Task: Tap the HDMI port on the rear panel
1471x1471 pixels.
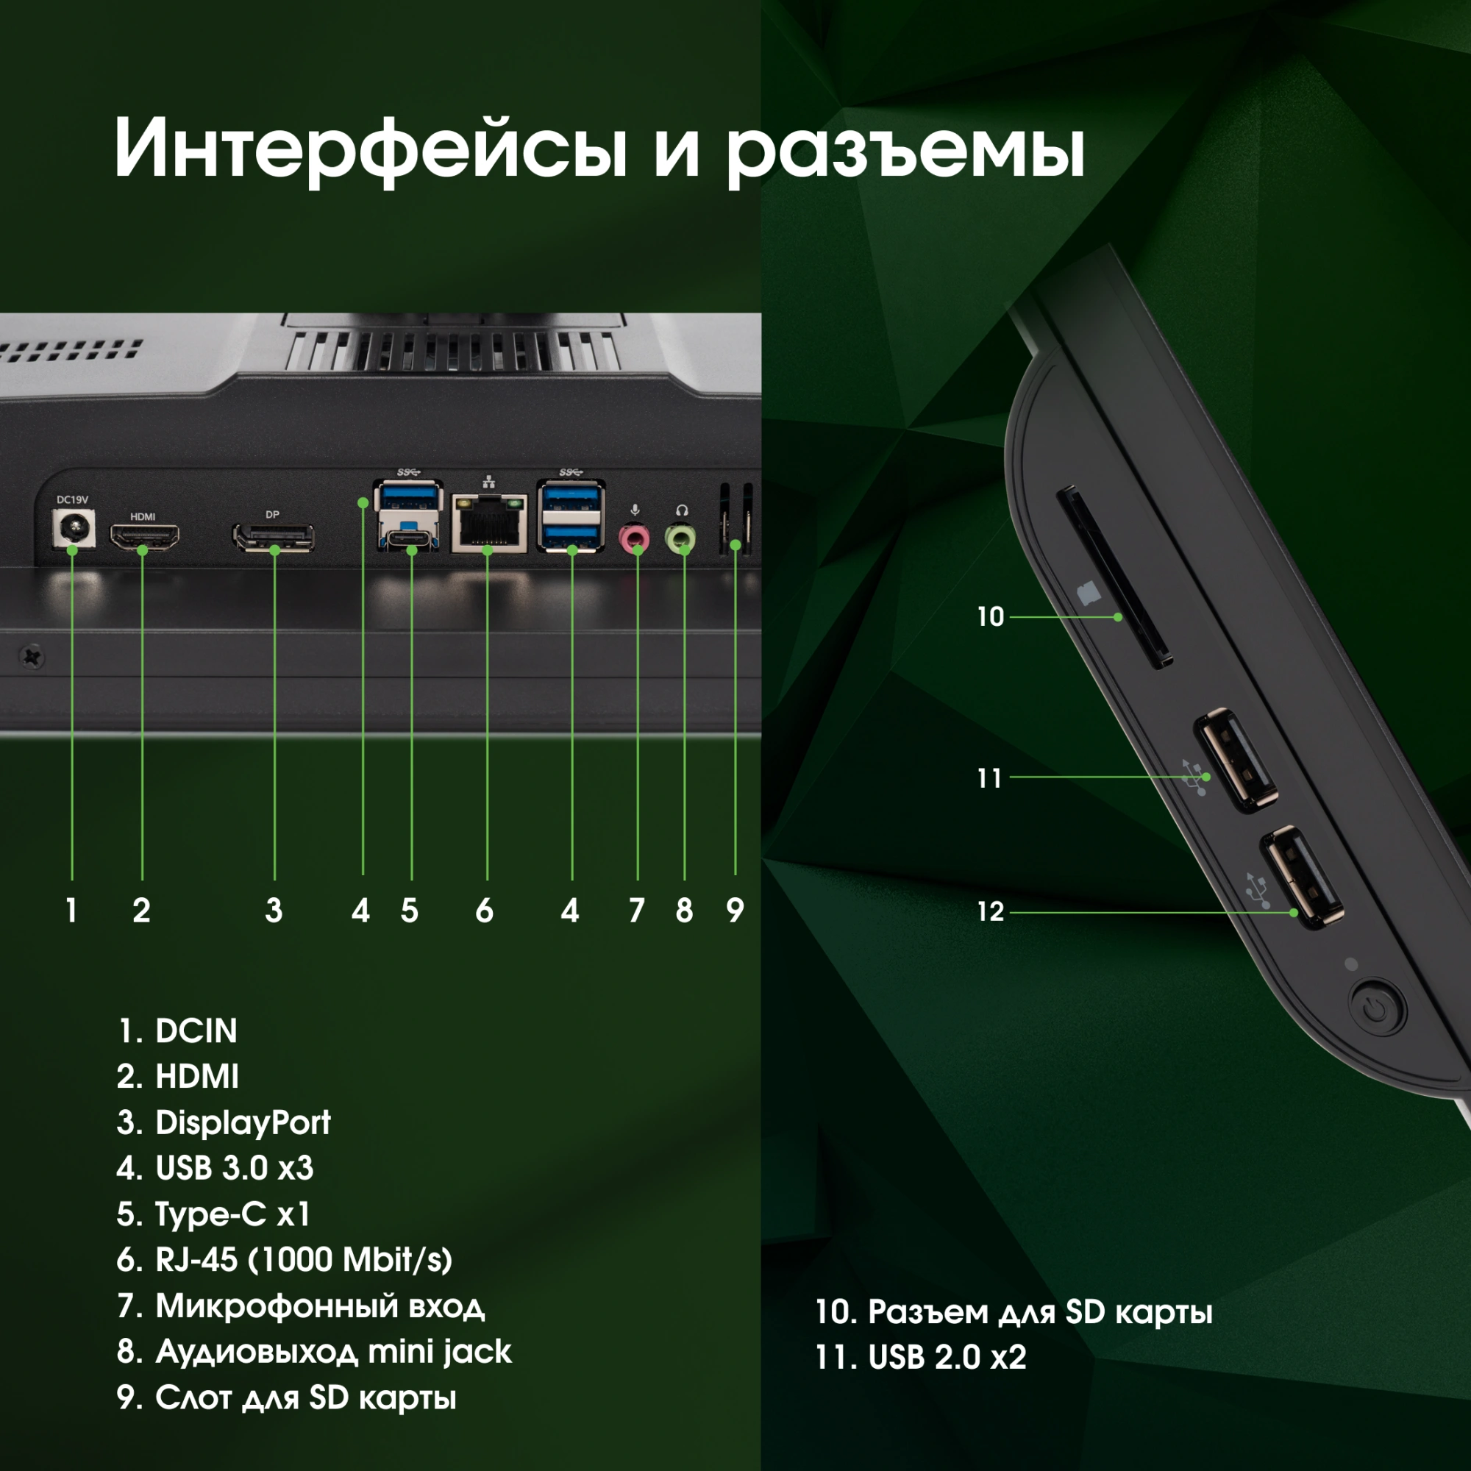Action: tap(145, 538)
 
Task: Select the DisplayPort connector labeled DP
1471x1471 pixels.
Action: tap(274, 538)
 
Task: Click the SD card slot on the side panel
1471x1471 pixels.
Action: tap(1114, 577)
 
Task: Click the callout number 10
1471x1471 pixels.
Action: tap(990, 617)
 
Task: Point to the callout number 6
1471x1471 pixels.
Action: tap(484, 911)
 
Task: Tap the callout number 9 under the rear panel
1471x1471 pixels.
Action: tap(735, 911)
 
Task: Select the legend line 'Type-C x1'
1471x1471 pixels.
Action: tap(214, 1214)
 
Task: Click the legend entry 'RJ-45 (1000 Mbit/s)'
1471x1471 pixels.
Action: tap(285, 1260)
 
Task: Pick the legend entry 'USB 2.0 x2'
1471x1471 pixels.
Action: tap(921, 1358)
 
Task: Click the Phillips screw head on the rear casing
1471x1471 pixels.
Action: tap(32, 655)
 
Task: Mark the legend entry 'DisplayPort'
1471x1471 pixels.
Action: tap(224, 1123)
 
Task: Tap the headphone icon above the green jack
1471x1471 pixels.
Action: tap(682, 510)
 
